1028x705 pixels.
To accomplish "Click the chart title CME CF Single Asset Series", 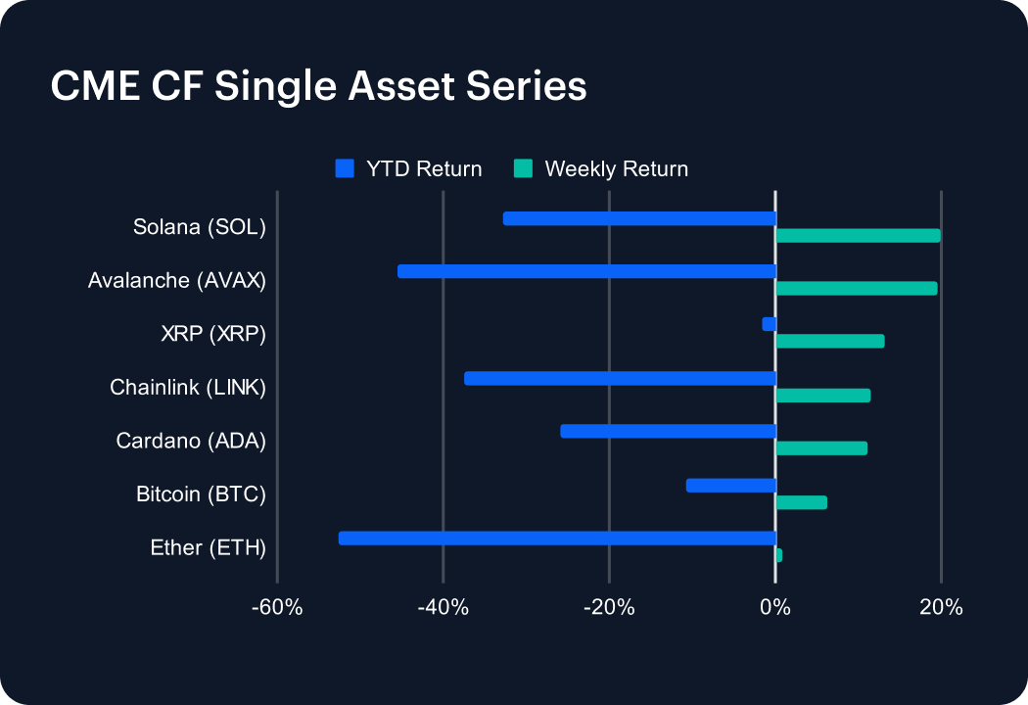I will tap(318, 86).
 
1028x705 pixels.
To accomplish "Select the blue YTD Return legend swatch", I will tap(344, 168).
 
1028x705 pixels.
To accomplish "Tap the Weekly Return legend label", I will tap(616, 168).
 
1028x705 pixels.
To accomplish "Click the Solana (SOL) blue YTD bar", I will tap(639, 218).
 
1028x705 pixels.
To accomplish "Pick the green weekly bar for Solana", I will tap(858, 235).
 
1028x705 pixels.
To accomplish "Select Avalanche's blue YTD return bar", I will tap(586, 271).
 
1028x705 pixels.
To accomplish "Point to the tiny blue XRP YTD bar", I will tap(770, 324).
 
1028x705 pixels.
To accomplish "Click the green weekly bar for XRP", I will tap(830, 341).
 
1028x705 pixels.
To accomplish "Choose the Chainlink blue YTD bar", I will tap(620, 378).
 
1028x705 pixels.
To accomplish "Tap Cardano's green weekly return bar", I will tap(821, 447).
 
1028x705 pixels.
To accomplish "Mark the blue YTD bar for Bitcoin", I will tap(731, 485).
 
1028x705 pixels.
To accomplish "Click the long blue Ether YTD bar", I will tap(557, 538).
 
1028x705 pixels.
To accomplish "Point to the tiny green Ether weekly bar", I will tap(778, 555).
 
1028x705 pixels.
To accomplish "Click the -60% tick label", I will tap(277, 607).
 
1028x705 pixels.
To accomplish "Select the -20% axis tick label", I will tap(609, 607).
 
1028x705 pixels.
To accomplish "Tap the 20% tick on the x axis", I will tap(941, 607).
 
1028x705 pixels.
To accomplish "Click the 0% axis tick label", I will tap(775, 607).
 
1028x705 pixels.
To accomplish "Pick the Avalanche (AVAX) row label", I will tap(177, 281).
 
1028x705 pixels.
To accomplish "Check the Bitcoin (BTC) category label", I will tap(201, 494).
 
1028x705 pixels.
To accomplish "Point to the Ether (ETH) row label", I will tap(208, 547).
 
